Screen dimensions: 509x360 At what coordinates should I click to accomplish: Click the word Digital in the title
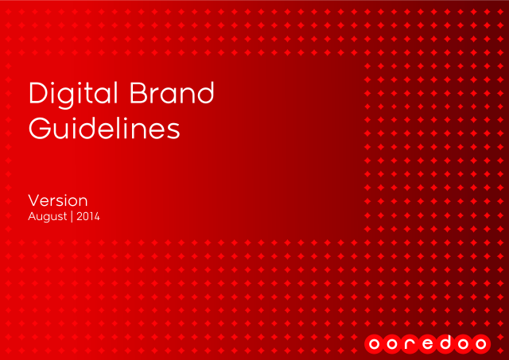coord(73,95)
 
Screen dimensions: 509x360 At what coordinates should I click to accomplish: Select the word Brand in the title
coord(172,93)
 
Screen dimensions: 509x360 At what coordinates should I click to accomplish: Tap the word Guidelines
coord(104,129)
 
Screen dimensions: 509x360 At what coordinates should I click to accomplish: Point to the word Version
coord(58,201)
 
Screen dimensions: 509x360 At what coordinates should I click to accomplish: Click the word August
coord(48,217)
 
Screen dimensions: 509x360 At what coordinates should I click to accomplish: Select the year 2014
coord(88,216)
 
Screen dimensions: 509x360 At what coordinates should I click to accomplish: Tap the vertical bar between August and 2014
coord(72,217)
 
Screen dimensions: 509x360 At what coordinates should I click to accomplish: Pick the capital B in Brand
coord(138,93)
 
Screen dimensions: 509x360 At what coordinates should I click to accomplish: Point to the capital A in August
coord(33,216)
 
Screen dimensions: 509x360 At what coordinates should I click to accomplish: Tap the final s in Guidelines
coord(173,132)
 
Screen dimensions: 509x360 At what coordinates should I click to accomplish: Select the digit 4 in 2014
coord(95,216)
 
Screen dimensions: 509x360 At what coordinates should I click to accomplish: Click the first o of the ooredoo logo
coord(374,344)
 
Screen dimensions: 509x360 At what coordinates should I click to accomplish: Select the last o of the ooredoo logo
coord(480,344)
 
